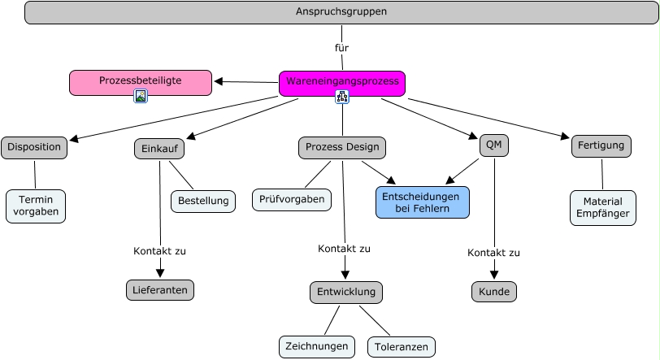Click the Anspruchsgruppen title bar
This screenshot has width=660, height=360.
[341, 12]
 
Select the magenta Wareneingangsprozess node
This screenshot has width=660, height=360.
[342, 82]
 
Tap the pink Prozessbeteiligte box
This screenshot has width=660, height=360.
[141, 81]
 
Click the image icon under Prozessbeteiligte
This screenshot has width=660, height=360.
[141, 96]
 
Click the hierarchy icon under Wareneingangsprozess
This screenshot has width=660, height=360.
[342, 97]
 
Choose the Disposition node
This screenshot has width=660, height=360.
[34, 147]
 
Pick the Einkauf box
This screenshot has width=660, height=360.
[159, 150]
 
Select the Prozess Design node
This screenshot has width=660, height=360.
[341, 148]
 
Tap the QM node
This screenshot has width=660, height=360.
[493, 145]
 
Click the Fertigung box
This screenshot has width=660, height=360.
[601, 146]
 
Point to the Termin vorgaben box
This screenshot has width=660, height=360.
[36, 206]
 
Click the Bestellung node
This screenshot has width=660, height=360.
[203, 201]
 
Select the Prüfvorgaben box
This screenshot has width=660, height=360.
[292, 199]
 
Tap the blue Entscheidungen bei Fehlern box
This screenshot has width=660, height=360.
[423, 202]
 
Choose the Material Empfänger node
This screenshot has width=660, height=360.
[603, 207]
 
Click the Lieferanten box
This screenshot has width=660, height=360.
[160, 289]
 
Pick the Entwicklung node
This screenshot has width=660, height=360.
[345, 293]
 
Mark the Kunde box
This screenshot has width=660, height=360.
[493, 291]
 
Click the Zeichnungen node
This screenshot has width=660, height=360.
[317, 346]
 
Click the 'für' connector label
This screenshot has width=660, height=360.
[341, 48]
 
